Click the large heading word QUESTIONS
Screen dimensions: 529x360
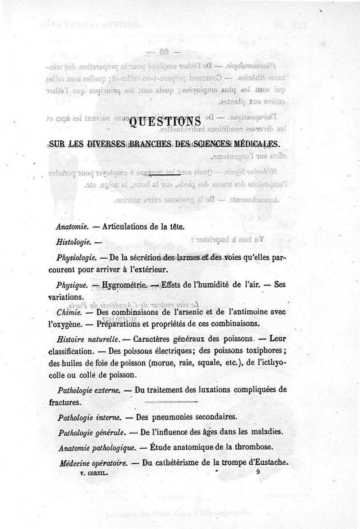(x=165, y=122)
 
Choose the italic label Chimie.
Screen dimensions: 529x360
(x=69, y=312)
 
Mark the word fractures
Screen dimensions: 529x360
(x=65, y=402)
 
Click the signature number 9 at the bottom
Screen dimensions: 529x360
(x=258, y=472)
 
